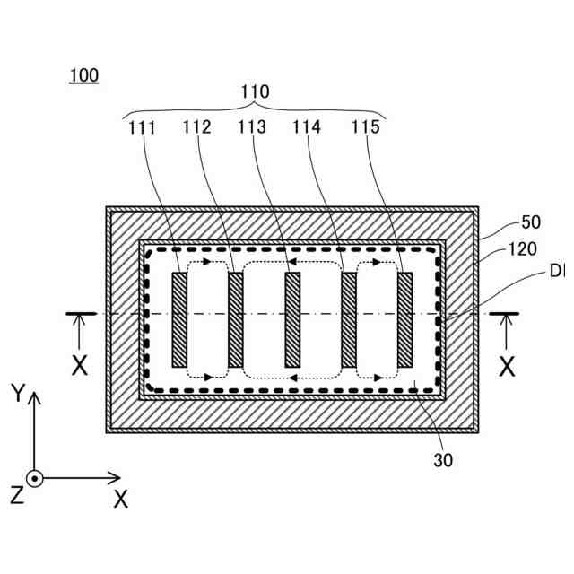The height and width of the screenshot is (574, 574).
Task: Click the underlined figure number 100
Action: point(83,75)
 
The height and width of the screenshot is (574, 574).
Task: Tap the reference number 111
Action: point(142,127)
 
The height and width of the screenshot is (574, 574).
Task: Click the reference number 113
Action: point(252,127)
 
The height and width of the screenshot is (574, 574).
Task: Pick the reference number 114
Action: point(307,127)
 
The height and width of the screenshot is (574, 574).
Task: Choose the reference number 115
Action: point(363,127)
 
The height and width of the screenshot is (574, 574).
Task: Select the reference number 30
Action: point(443,461)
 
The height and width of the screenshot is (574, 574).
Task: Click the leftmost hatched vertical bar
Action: point(179,319)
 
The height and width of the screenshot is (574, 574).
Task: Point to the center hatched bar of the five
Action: point(291,319)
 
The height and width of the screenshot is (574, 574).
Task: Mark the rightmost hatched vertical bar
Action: point(404,319)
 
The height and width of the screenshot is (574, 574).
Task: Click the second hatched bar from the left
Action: point(236,319)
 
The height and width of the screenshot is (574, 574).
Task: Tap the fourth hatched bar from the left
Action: point(349,319)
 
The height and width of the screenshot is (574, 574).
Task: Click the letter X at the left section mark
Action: point(80,366)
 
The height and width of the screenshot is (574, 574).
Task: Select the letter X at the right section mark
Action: point(507,366)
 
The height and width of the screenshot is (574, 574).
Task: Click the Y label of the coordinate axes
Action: point(16,393)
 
